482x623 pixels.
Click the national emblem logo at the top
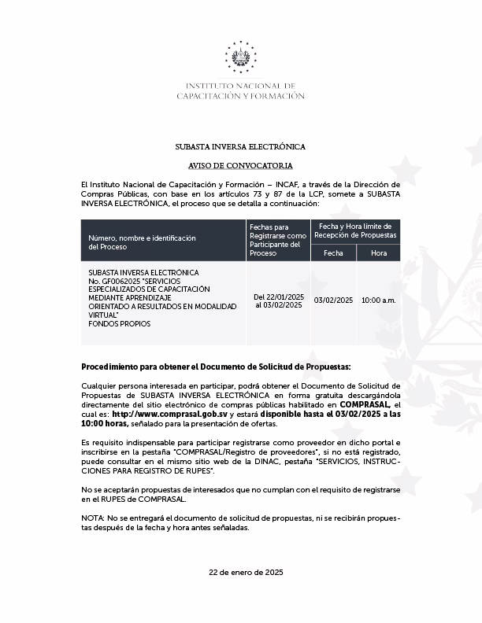coord(240,57)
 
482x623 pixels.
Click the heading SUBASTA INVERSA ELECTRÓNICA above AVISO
coord(240,147)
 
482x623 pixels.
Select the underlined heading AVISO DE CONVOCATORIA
coord(240,166)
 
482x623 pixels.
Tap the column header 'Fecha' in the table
coord(333,253)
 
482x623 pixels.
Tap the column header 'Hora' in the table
coord(379,253)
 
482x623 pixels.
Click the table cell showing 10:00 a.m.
coord(379,300)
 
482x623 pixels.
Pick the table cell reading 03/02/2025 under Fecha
coord(333,300)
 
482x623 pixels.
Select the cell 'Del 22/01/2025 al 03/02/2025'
coord(278,300)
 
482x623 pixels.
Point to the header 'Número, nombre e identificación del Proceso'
coord(142,241)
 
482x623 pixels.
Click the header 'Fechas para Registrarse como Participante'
coord(278,240)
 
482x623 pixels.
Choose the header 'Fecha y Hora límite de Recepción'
coord(356,230)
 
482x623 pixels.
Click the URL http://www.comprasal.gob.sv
coord(170,414)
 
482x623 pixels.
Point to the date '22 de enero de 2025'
coord(240,572)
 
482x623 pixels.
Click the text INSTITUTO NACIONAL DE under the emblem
coord(240,86)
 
